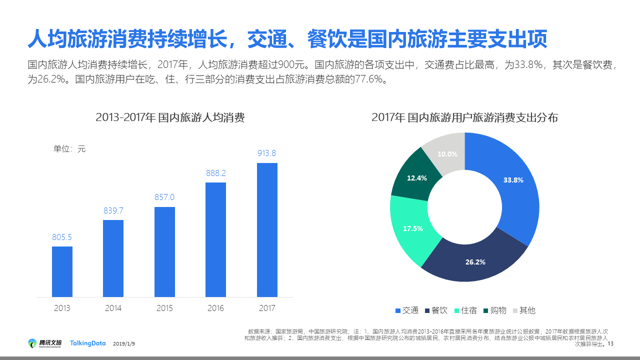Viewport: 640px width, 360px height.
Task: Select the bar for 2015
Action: tap(164, 252)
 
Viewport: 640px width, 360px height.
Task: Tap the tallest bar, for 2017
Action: tap(267, 230)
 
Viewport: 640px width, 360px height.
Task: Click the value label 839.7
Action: tap(113, 210)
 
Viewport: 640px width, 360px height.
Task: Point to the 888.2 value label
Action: tap(216, 173)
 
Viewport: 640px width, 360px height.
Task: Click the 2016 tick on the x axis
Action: tap(216, 308)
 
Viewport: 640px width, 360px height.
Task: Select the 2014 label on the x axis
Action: tap(113, 308)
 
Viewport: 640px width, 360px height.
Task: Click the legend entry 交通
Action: tap(407, 310)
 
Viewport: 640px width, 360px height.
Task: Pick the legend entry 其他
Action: tap(524, 310)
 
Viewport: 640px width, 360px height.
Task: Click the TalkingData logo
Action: tap(87, 343)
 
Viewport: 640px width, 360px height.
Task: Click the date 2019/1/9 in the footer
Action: tap(124, 344)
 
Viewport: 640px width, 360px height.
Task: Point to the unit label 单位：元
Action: tap(69, 148)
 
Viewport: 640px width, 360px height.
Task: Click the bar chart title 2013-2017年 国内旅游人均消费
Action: tap(170, 118)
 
